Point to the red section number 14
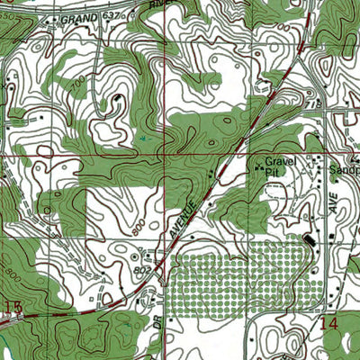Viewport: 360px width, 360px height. (x=329, y=321)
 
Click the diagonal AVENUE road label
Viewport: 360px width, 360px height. (x=185, y=211)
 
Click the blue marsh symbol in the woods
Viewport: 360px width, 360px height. (x=144, y=138)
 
